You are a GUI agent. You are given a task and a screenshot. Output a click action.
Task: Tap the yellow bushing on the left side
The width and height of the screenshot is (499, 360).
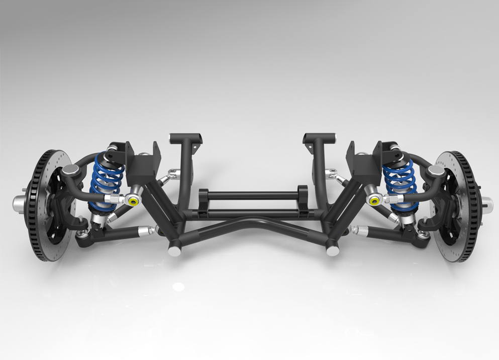(x=133, y=201)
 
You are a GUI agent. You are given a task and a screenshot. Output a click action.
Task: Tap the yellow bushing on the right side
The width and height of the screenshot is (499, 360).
(x=374, y=201)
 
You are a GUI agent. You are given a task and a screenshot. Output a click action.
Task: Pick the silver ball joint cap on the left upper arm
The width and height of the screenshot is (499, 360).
(x=70, y=171)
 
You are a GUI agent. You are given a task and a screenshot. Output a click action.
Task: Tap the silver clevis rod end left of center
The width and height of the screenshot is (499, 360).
(x=173, y=174)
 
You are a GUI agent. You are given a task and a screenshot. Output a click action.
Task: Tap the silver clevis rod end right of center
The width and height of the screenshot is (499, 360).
(x=332, y=174)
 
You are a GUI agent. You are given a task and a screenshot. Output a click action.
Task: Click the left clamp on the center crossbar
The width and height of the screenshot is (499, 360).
(x=204, y=201)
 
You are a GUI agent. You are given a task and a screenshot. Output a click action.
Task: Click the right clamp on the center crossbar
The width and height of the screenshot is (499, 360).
(x=303, y=199)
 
